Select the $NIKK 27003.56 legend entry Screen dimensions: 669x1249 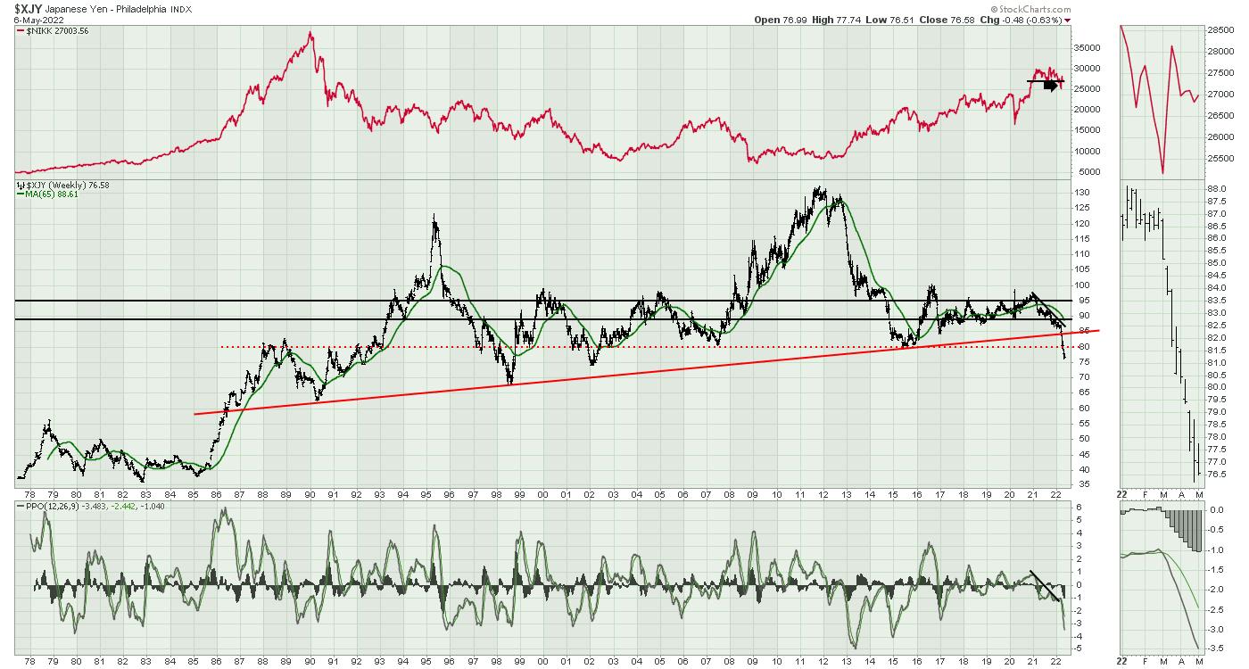click(53, 31)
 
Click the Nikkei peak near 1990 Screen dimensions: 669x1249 click(310, 34)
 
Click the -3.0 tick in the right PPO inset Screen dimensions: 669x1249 click(1216, 629)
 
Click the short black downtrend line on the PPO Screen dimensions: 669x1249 click(1045, 584)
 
